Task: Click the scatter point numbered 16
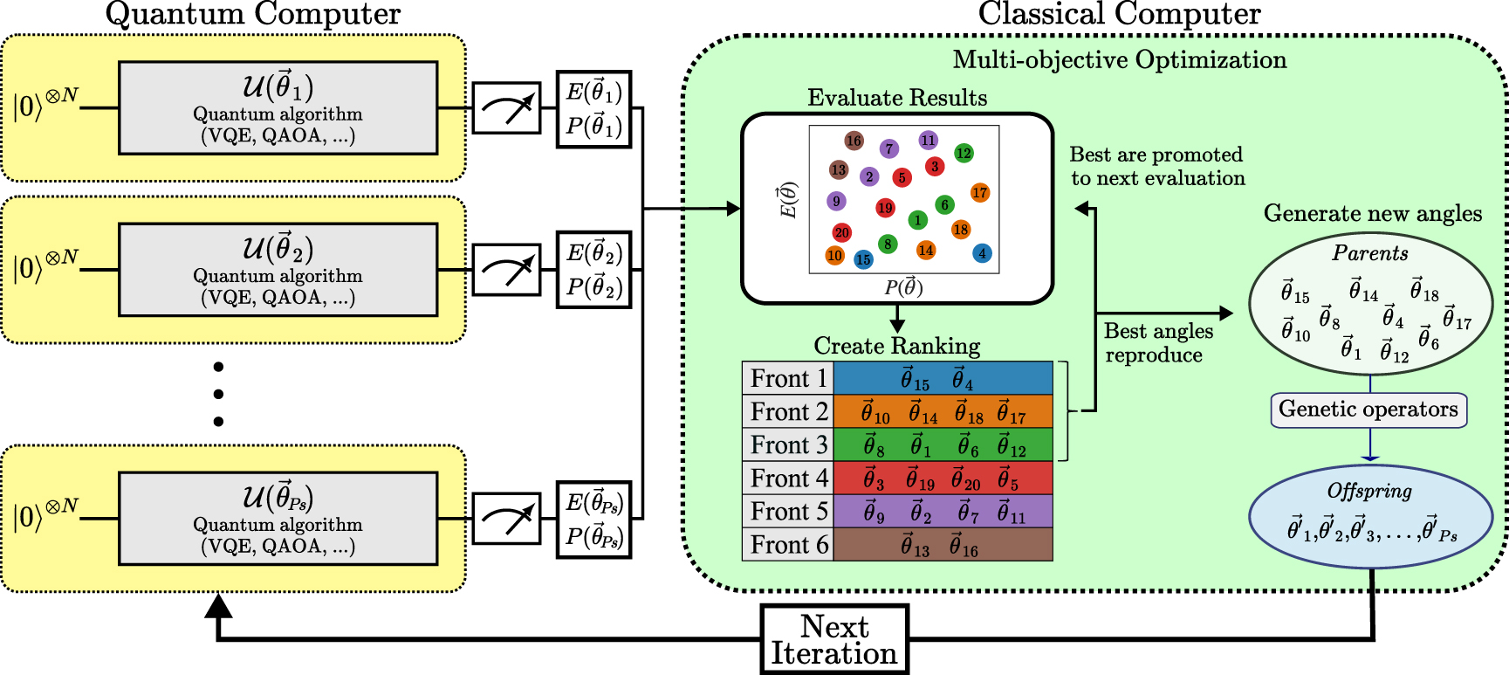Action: point(854,141)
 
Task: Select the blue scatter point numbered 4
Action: point(982,253)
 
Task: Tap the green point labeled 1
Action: point(917,220)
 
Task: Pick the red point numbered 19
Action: point(885,208)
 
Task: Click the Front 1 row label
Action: point(788,378)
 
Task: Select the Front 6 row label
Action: point(788,544)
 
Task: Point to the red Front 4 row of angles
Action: point(943,478)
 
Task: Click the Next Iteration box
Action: point(834,639)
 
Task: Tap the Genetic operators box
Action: point(1368,410)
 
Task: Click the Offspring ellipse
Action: point(1370,515)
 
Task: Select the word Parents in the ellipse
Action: point(1370,253)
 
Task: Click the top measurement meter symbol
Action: point(506,108)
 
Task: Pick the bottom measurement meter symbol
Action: point(506,519)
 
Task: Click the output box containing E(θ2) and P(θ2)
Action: point(593,270)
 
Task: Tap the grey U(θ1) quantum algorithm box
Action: point(278,108)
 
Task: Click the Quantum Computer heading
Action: point(252,14)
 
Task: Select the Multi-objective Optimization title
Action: point(1120,59)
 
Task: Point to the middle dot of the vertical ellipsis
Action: point(218,394)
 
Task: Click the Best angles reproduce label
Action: point(1157,342)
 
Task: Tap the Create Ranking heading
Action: point(896,346)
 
